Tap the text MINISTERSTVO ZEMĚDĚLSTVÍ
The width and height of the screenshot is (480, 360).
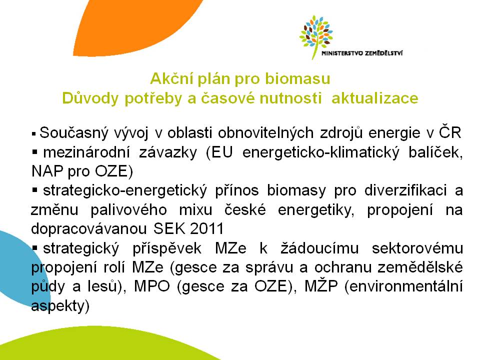(362, 53)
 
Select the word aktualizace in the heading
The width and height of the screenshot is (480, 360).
(375, 98)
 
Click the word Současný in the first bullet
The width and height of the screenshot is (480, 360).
(74, 133)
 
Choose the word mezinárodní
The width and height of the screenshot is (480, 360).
(86, 152)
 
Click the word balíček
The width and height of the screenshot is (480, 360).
(435, 152)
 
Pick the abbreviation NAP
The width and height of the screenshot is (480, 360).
(47, 171)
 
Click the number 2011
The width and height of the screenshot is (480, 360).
(207, 228)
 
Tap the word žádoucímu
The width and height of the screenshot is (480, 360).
(319, 247)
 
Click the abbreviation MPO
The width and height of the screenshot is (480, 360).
(152, 286)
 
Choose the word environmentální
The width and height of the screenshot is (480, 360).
(403, 286)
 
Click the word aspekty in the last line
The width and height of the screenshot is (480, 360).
(60, 306)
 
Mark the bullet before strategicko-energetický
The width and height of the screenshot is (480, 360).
(34, 190)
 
